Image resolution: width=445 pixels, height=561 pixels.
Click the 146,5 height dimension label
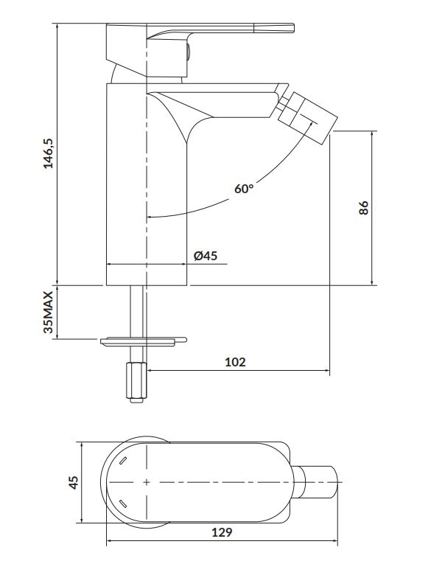[48, 153]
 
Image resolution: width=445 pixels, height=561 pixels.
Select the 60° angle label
[244, 188]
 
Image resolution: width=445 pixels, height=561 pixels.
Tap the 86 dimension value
[363, 208]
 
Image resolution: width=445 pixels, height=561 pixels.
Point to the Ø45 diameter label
[206, 256]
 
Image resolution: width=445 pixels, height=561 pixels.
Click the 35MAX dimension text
[48, 312]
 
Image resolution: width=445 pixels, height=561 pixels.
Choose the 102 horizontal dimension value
[235, 362]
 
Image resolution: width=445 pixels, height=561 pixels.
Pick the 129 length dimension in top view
[222, 532]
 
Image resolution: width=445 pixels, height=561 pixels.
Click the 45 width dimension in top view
[73, 482]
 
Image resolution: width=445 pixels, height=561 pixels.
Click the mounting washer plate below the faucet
[144, 341]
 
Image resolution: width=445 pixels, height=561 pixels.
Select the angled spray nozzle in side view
[307, 118]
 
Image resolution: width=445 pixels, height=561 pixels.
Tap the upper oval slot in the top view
[122, 461]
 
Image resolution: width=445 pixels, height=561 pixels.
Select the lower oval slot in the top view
[122, 503]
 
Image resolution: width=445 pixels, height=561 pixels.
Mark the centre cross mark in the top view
[147, 482]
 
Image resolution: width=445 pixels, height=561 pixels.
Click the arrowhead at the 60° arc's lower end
[150, 217]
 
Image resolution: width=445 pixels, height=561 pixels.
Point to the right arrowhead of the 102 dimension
[326, 370]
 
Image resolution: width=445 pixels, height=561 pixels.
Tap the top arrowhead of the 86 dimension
[373, 134]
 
